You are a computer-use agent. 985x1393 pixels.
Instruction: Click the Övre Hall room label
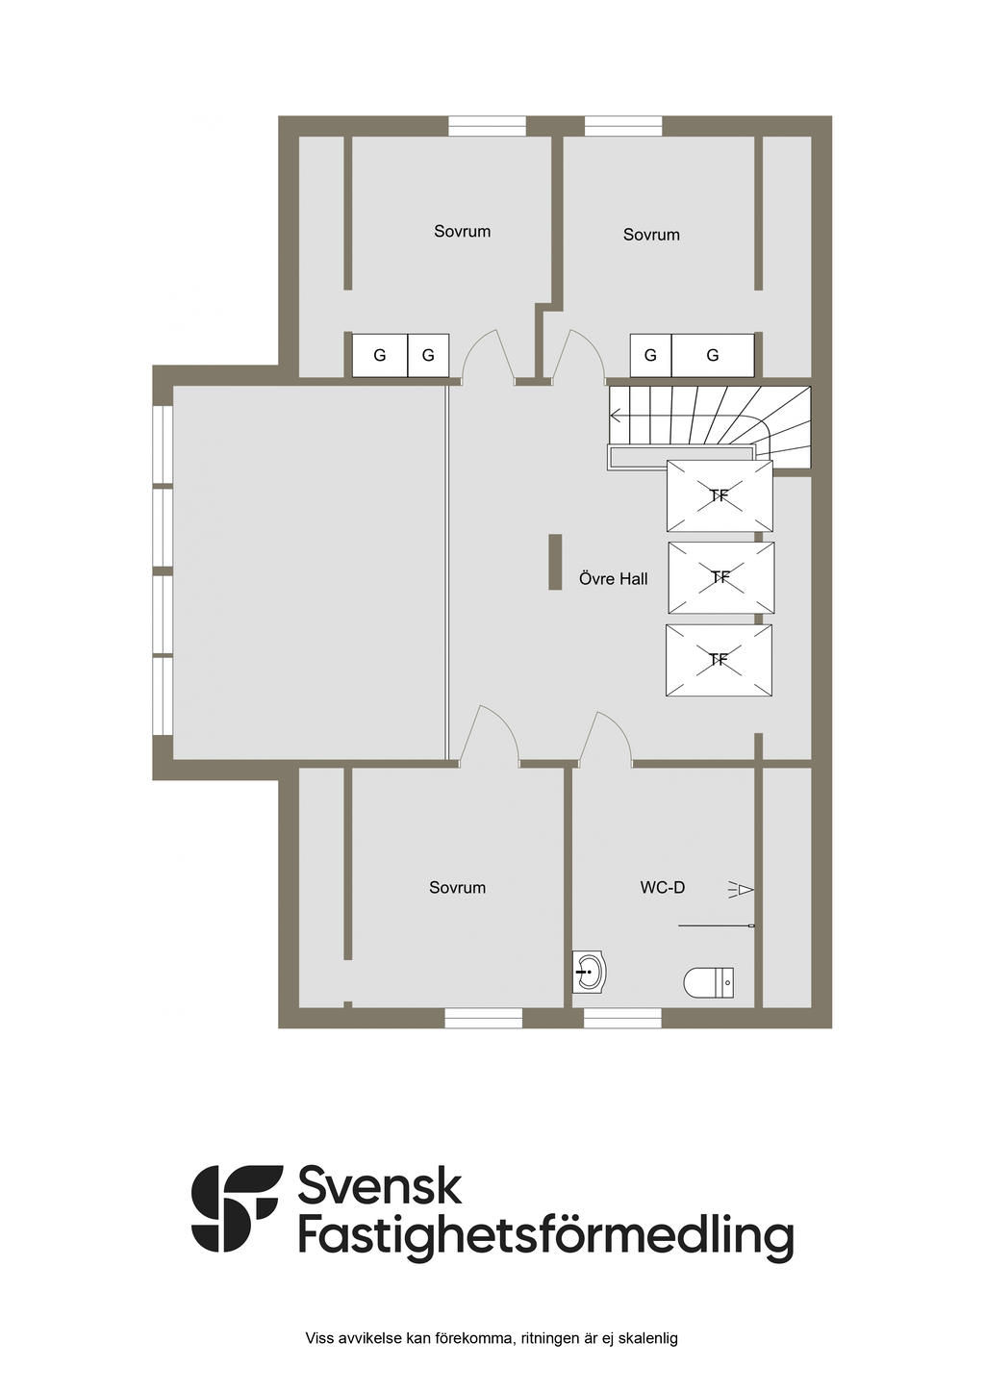click(x=613, y=578)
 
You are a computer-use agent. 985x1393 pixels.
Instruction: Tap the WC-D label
click(x=662, y=887)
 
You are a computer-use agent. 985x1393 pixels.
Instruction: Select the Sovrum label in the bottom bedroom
click(x=457, y=887)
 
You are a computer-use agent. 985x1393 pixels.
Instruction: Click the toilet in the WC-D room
click(x=709, y=983)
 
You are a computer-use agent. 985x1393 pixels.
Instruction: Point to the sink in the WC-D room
click(x=589, y=973)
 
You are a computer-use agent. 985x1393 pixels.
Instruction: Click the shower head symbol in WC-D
click(x=741, y=889)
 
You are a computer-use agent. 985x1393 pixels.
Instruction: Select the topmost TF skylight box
click(x=720, y=495)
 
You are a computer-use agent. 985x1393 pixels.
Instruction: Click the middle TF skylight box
click(x=720, y=577)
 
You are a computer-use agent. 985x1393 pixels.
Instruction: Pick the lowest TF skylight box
click(x=719, y=660)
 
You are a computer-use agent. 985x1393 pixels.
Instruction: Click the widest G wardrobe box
click(x=712, y=355)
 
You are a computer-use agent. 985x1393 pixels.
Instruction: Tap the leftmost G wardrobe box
click(x=380, y=355)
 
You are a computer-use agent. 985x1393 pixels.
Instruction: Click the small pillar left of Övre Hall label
click(x=555, y=562)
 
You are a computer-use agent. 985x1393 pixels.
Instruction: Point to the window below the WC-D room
click(x=622, y=1018)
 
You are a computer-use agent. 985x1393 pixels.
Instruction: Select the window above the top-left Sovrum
click(x=487, y=126)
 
